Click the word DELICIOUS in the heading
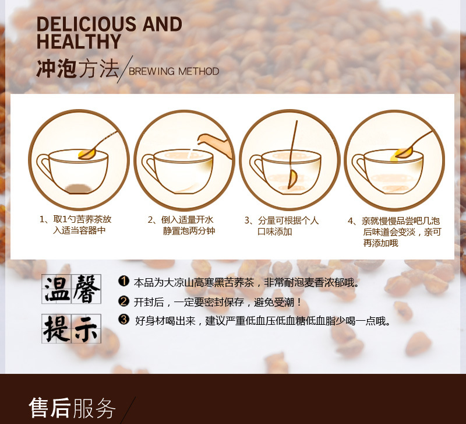tap(87, 24)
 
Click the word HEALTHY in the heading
tap(79, 41)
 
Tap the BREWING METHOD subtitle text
tap(174, 71)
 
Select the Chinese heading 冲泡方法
tap(77, 69)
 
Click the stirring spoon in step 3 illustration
tap(292, 155)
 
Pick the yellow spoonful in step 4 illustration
tap(402, 154)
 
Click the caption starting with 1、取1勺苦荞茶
tap(76, 225)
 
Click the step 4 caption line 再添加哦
tap(380, 243)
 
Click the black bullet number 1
tap(123, 281)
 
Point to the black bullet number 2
tap(123, 301)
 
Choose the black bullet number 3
tap(123, 320)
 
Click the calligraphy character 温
tap(57, 289)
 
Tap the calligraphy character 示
tap(86, 329)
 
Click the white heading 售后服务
tap(72, 408)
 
